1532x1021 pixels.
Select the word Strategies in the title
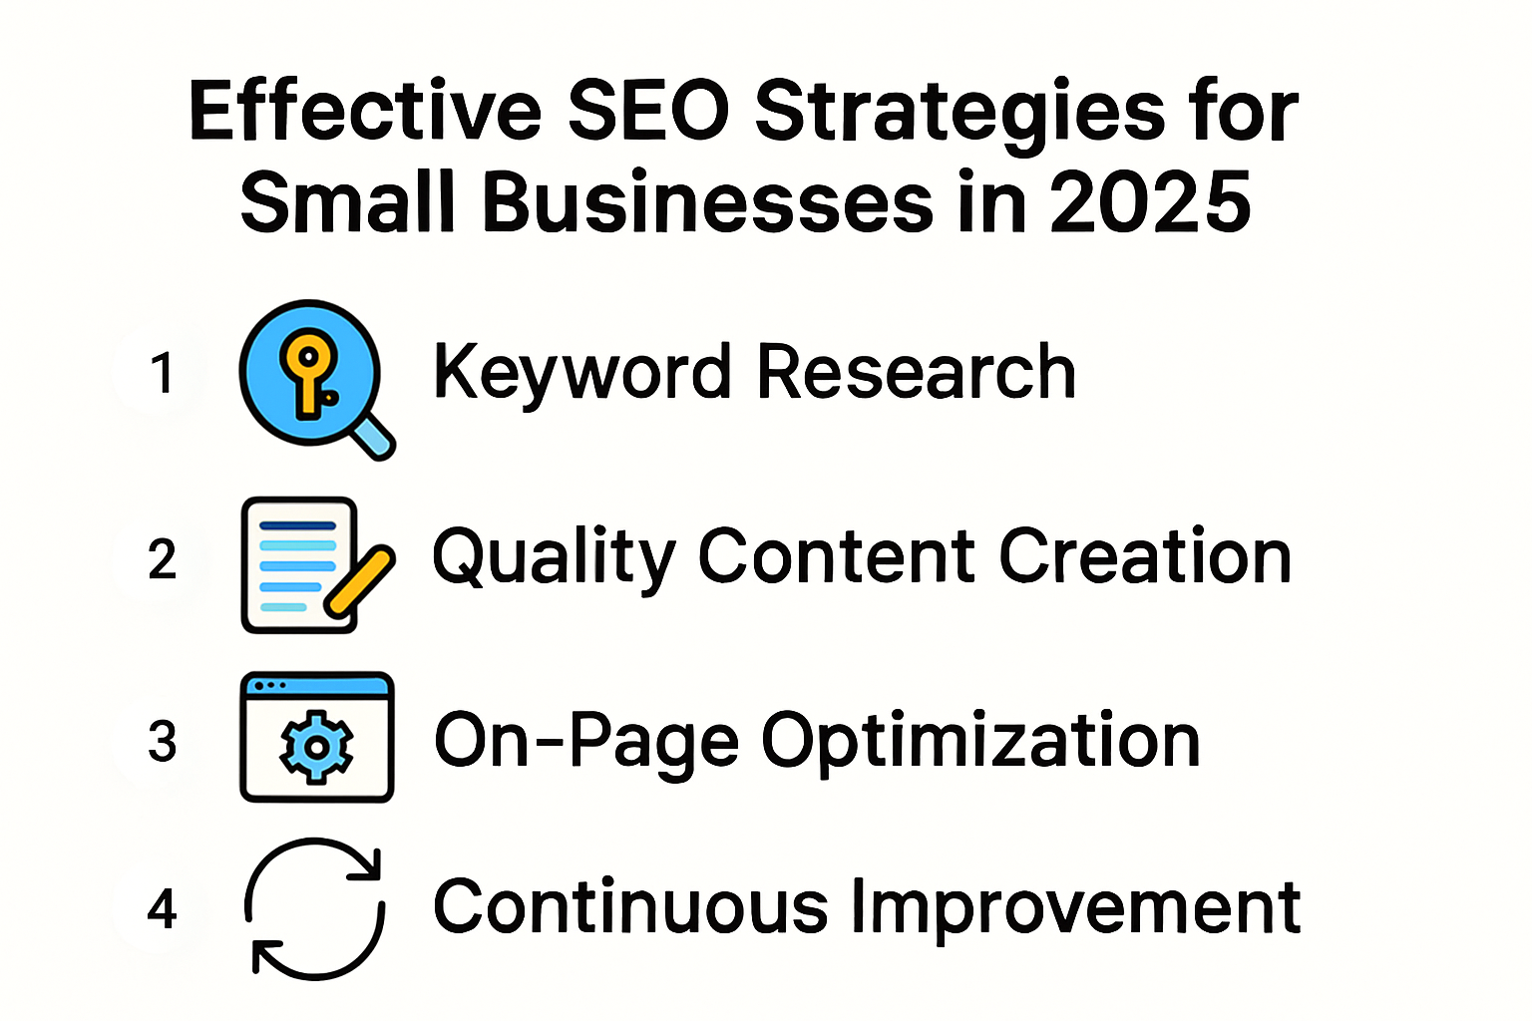click(958, 112)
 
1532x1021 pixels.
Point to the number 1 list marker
click(162, 373)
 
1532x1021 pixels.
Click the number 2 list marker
click(162, 558)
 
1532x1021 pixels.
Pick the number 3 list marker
click(162, 742)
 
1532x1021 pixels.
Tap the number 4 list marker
click(162, 908)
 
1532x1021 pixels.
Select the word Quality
click(555, 556)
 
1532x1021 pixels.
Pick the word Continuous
click(630, 907)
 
